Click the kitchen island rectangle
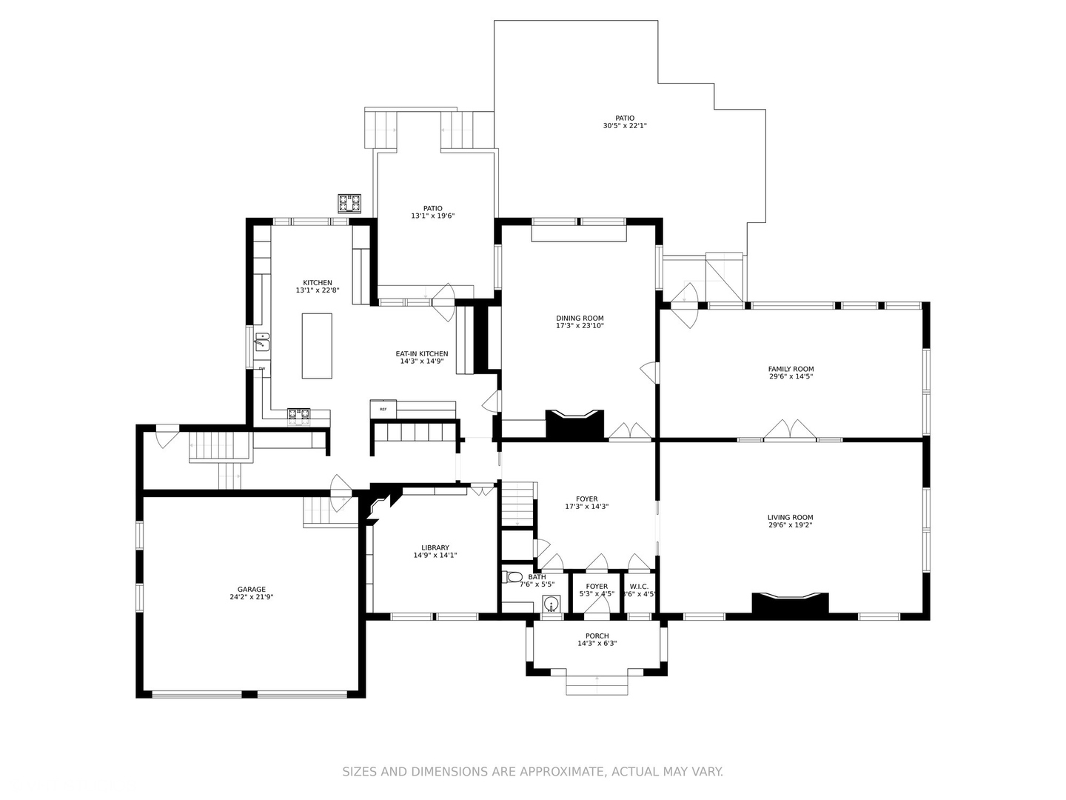[317, 346]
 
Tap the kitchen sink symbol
[262, 342]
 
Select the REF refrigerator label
[383, 409]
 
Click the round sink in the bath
[550, 604]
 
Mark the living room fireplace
[790, 603]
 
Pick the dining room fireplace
[574, 425]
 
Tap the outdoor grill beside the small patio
[349, 203]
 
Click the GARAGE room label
[252, 590]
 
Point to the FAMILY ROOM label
[791, 369]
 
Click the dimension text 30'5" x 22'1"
[625, 126]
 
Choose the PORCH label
[597, 636]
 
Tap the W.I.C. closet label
[639, 587]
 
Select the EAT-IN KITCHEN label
[422, 354]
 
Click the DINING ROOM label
[580, 319]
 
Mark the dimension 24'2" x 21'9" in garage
[252, 597]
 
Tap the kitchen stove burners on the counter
[298, 416]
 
